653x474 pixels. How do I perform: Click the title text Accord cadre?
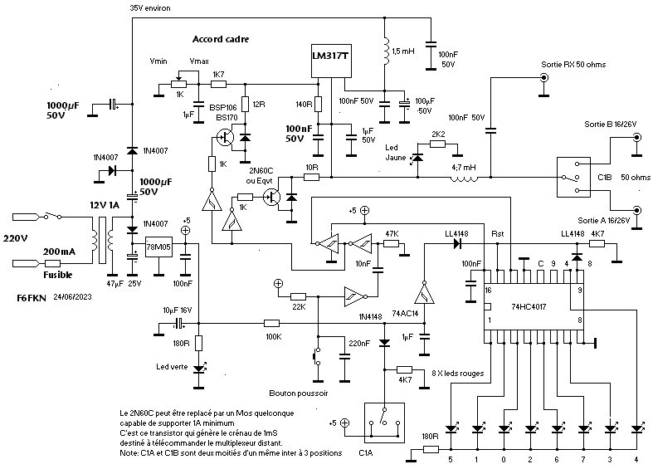click(220, 39)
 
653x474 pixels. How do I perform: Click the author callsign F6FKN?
click(32, 297)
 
